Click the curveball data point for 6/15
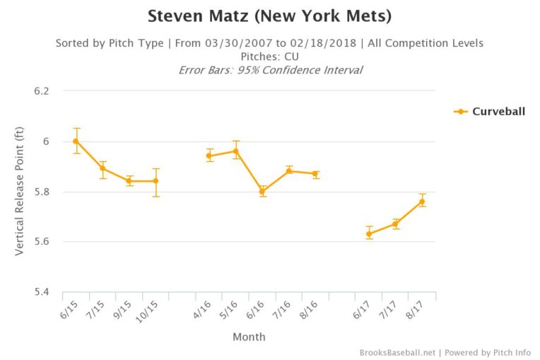point(76,141)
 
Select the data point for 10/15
point(155,181)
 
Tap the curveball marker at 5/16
point(235,151)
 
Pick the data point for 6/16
point(262,192)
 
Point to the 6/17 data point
point(369,234)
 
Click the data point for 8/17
point(422,202)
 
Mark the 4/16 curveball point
point(209,156)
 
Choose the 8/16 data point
point(315,174)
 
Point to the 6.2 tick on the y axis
point(43,91)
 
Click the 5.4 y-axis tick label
point(43,292)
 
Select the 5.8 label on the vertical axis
point(43,192)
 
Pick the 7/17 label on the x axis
point(390,309)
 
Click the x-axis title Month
point(249,337)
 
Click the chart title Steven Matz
point(269,16)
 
